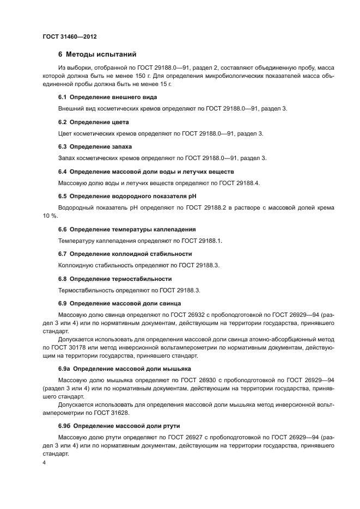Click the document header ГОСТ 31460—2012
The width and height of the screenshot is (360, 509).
pos(69,37)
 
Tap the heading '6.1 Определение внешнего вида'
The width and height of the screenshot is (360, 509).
pos(107,97)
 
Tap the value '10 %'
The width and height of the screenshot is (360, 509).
pos(50,216)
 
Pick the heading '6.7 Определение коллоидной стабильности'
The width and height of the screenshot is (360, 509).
pos(125,254)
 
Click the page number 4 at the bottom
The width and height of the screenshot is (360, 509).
pos(44,462)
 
